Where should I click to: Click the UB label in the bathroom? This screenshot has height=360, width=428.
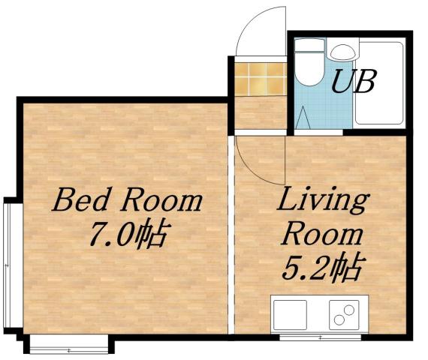tap(353, 80)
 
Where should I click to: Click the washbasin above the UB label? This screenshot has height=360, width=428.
tap(342, 52)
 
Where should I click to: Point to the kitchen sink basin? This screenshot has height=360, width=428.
tap(290, 314)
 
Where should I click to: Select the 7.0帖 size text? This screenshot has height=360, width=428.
tap(127, 236)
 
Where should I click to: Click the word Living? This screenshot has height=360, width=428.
tap(324, 202)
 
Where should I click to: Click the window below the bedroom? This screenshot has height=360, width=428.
tap(68, 346)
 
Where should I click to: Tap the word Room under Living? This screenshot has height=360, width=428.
tap(321, 235)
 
